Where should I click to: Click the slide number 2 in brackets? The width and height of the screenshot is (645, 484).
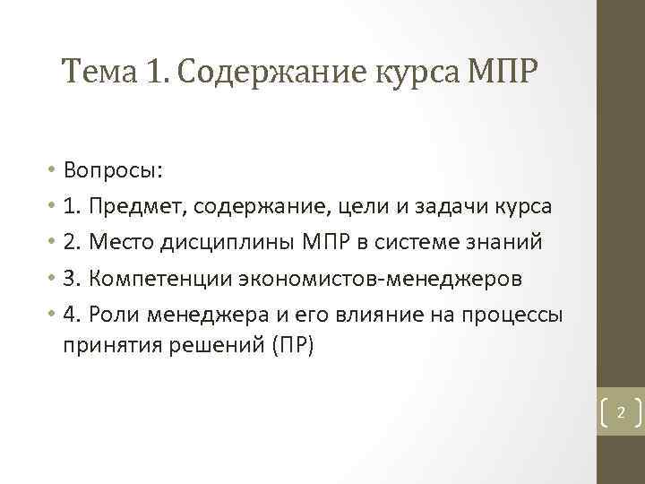click(619, 413)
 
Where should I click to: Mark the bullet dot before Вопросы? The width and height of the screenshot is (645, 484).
click(54, 170)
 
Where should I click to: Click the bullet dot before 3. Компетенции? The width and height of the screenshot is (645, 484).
click(54, 279)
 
